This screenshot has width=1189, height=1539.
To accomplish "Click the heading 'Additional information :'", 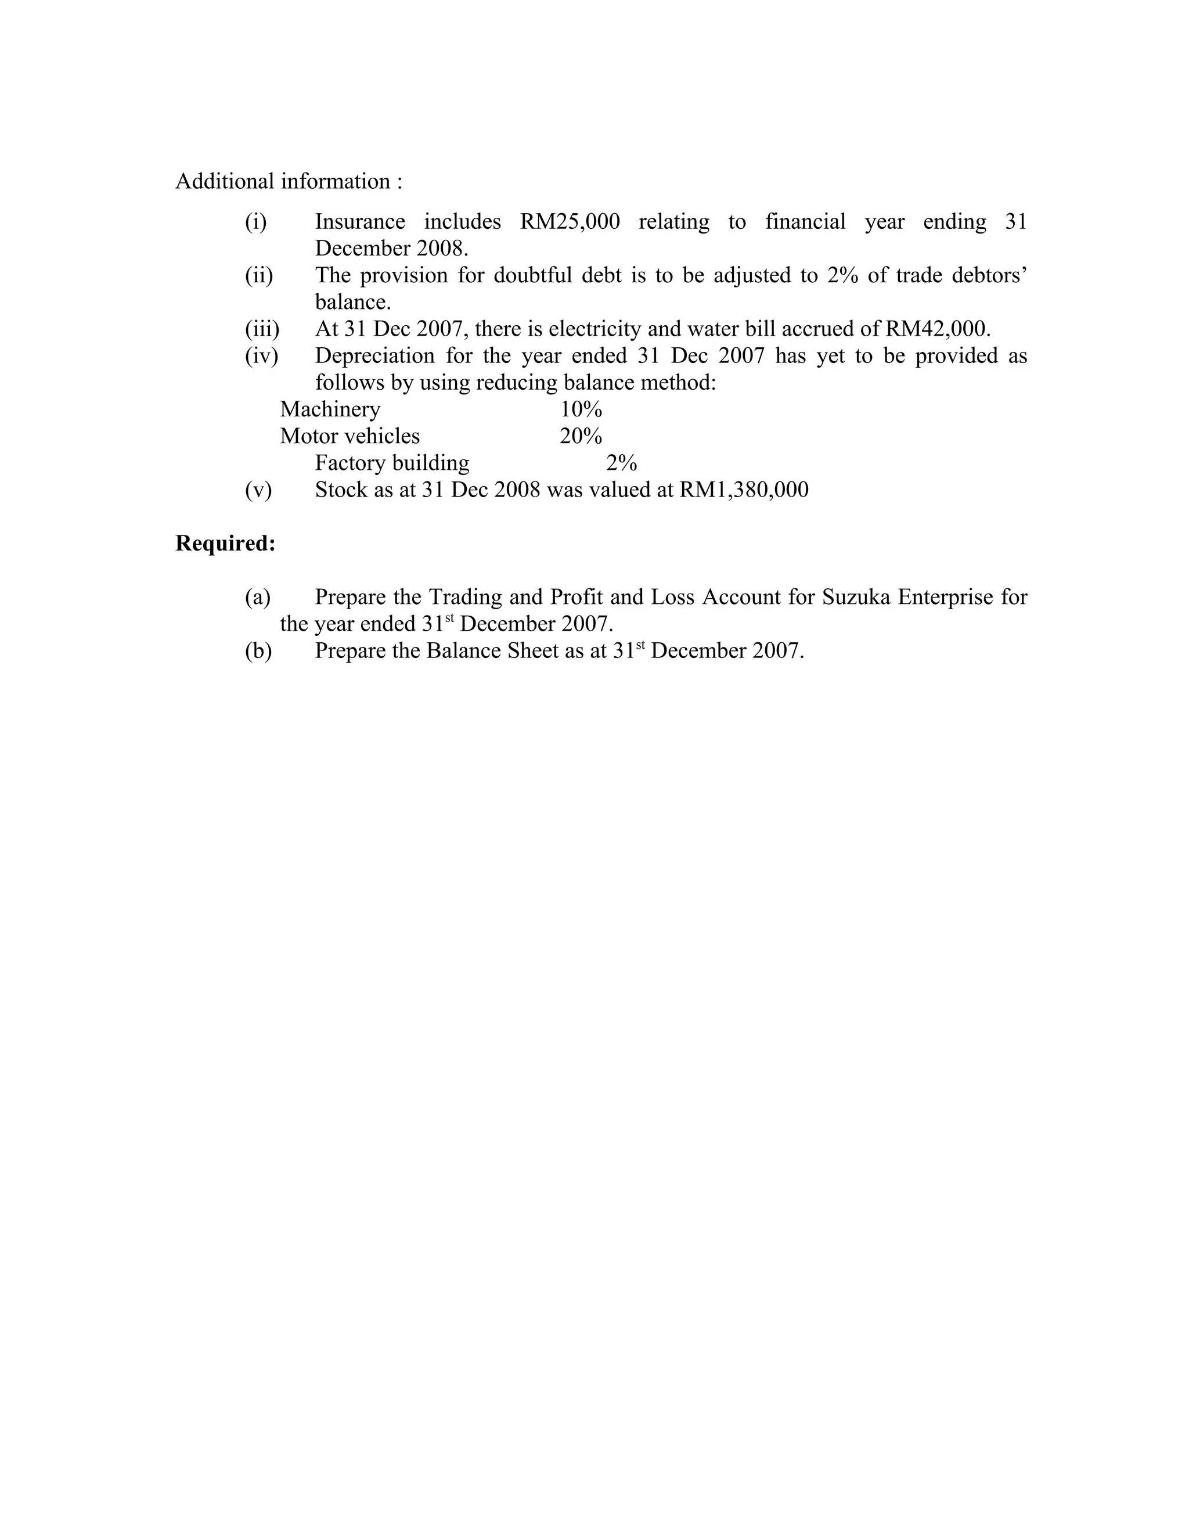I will pyautogui.click(x=289, y=182).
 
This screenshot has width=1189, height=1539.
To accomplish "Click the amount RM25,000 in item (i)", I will pyautogui.click(x=570, y=222).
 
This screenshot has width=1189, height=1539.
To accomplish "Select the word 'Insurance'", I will pyautogui.click(x=360, y=222).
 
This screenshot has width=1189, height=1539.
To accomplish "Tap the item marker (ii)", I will pyautogui.click(x=258, y=275).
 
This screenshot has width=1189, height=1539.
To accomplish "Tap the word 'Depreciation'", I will pyautogui.click(x=374, y=356).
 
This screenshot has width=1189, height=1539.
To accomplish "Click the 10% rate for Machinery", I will pyautogui.click(x=581, y=409).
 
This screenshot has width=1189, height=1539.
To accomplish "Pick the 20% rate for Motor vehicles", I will pyautogui.click(x=581, y=436).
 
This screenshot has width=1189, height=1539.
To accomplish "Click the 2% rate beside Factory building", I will pyautogui.click(x=621, y=463).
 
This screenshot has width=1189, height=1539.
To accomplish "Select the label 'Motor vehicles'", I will pyautogui.click(x=350, y=436).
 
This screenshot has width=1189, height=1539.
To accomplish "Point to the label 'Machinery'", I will pyautogui.click(x=330, y=409).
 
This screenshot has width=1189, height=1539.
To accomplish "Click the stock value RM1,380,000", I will pyautogui.click(x=743, y=490).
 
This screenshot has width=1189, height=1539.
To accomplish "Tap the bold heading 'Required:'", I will pyautogui.click(x=225, y=544).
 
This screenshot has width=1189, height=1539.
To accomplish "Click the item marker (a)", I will pyautogui.click(x=258, y=598).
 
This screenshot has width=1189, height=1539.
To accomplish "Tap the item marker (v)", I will pyautogui.click(x=258, y=490).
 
